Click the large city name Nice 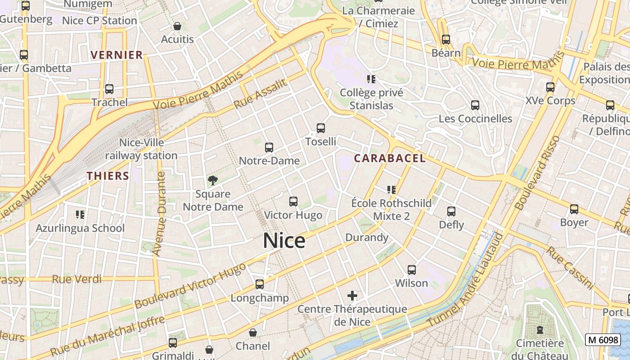[284, 241]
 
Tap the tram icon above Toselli [321, 128]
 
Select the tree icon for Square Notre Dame [213, 181]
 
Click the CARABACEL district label [390, 158]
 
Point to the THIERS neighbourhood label [108, 176]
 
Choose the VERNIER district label [117, 55]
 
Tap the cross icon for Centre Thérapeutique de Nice [352, 296]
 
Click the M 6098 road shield [603, 340]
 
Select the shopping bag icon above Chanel [253, 333]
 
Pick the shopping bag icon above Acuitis [177, 26]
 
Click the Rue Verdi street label [76, 279]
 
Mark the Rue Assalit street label [260, 94]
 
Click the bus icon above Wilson [412, 270]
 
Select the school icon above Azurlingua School [80, 214]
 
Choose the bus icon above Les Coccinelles [475, 105]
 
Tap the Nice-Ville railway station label [141, 149]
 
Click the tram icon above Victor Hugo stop [293, 202]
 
